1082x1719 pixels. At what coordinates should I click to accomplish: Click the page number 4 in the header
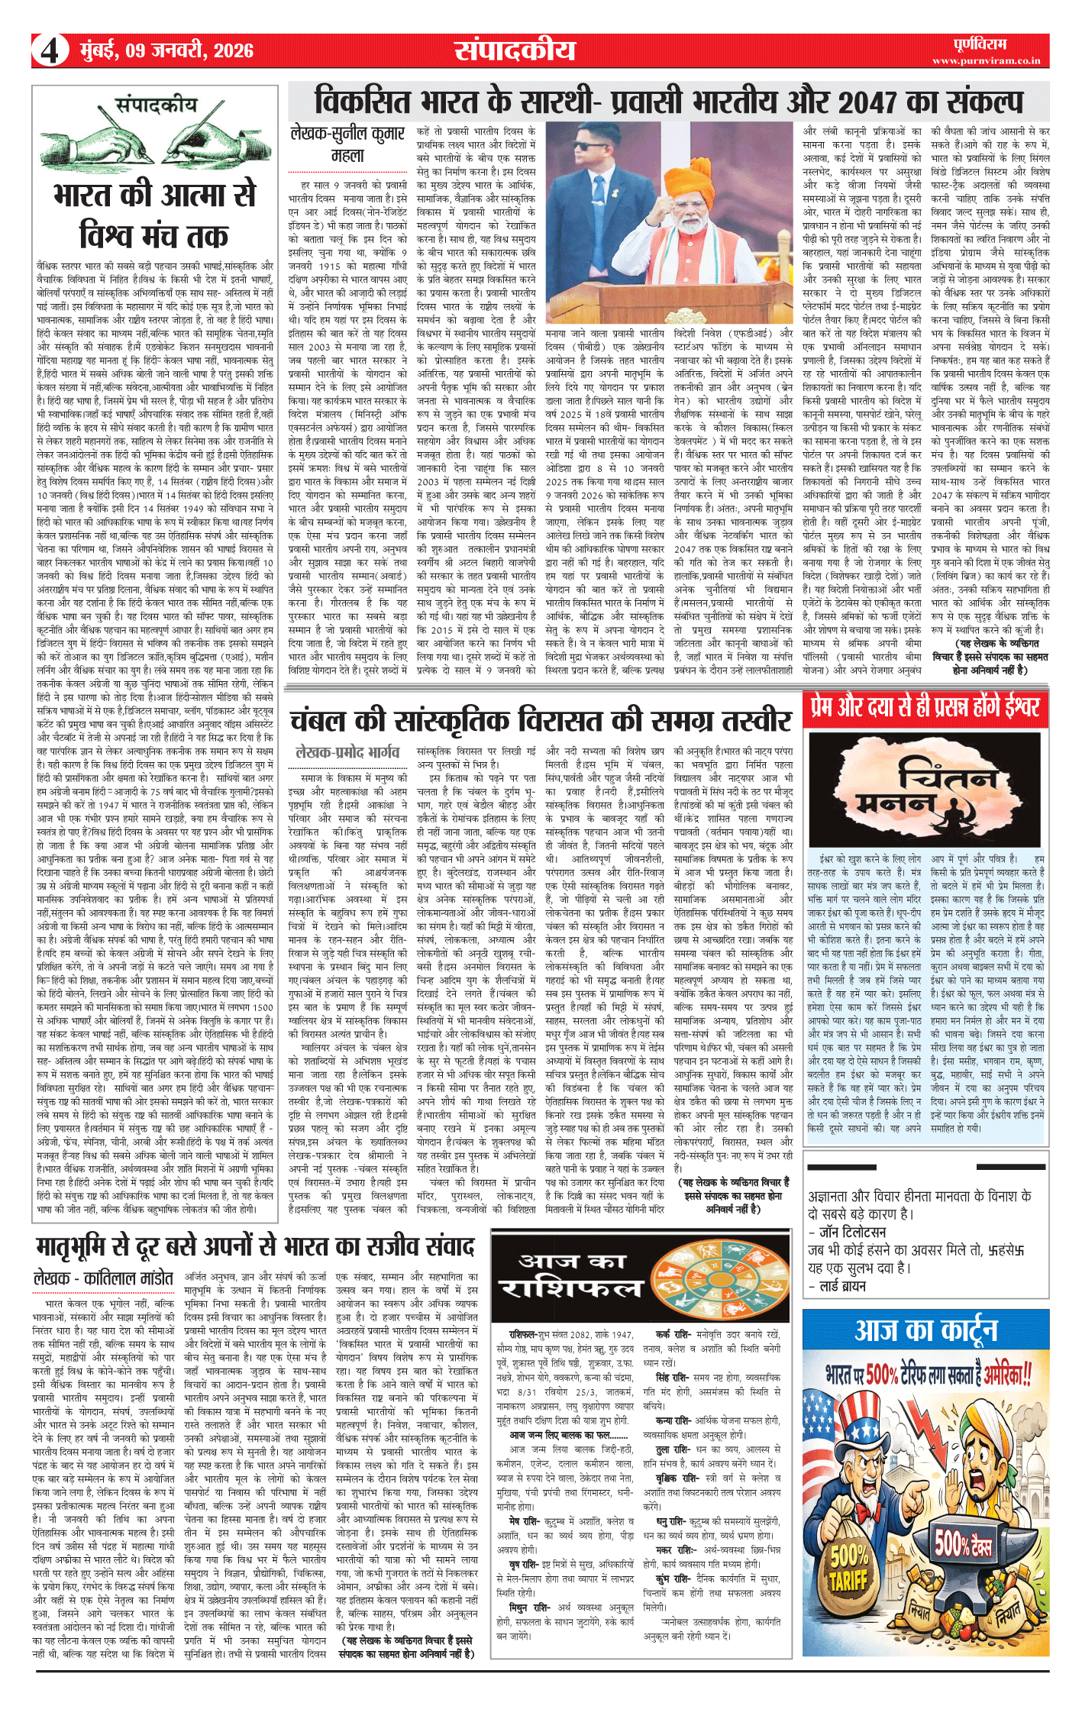[50, 51]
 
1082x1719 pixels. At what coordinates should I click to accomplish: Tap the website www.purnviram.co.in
[985, 60]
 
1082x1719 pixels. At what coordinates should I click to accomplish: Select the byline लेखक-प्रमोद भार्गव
[347, 752]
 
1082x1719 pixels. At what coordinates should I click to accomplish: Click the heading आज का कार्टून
[926, 1330]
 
